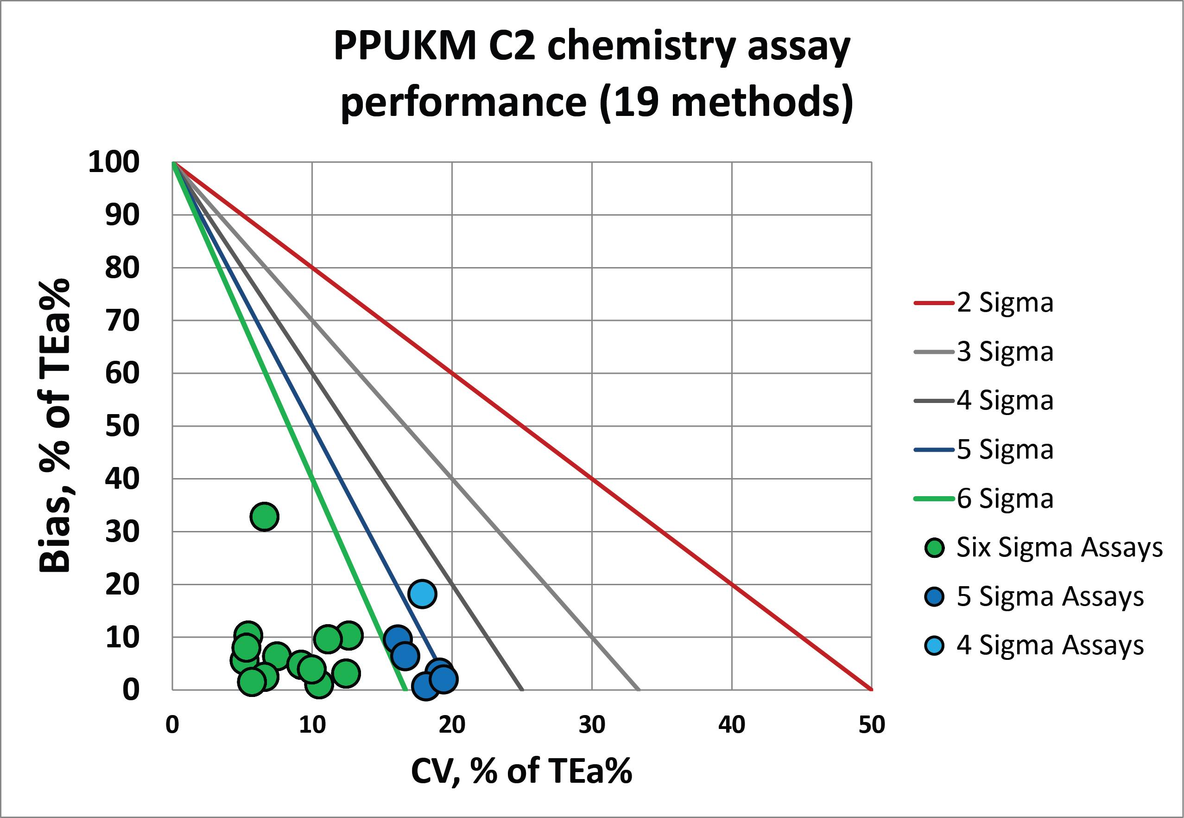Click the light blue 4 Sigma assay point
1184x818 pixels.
tap(422, 594)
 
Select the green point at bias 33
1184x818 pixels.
tap(264, 517)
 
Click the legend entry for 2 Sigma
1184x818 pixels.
tap(984, 303)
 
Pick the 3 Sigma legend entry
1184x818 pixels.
tap(984, 352)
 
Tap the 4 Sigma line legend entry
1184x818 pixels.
tap(984, 401)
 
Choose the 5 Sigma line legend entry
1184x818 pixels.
tap(984, 450)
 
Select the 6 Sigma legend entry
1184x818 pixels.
tap(984, 498)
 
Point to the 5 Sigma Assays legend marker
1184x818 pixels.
tap(935, 597)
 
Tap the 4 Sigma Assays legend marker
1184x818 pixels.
tap(935, 646)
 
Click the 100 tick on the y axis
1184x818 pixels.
tap(114, 162)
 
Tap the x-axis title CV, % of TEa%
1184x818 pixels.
tap(521, 771)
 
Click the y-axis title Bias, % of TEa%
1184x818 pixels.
tap(54, 425)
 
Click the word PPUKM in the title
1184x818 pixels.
tap(405, 46)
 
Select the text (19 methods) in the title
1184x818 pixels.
tap(726, 102)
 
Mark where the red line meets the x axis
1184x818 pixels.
tap(871, 690)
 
